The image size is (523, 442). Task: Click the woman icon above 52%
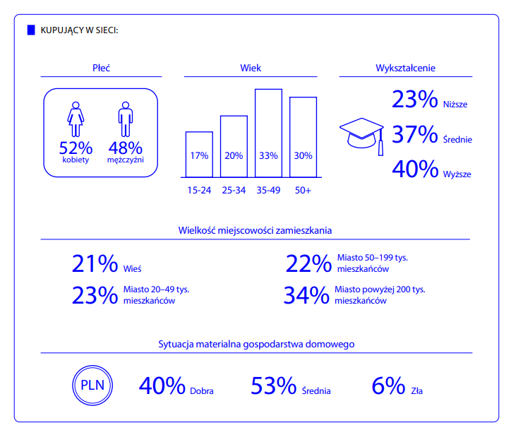click(76, 119)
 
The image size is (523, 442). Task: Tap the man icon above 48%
click(126, 119)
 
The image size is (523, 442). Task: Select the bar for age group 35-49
click(268, 133)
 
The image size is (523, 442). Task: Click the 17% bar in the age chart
click(199, 155)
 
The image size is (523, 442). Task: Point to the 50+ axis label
click(303, 190)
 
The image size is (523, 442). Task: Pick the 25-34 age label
click(234, 190)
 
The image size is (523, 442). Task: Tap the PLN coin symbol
click(92, 386)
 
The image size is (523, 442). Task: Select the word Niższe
click(455, 104)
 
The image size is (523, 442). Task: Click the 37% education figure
click(414, 134)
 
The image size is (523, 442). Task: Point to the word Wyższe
click(457, 174)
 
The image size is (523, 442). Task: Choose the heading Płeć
click(101, 68)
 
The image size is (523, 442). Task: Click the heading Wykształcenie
click(406, 68)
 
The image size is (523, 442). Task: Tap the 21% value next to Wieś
click(95, 263)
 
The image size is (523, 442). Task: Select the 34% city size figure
click(306, 295)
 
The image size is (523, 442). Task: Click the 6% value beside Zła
click(389, 386)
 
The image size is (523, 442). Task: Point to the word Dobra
click(202, 391)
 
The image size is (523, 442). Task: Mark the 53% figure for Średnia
click(274, 386)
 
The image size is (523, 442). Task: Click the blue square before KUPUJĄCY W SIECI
click(31, 30)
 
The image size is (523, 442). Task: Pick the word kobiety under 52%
click(76, 160)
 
